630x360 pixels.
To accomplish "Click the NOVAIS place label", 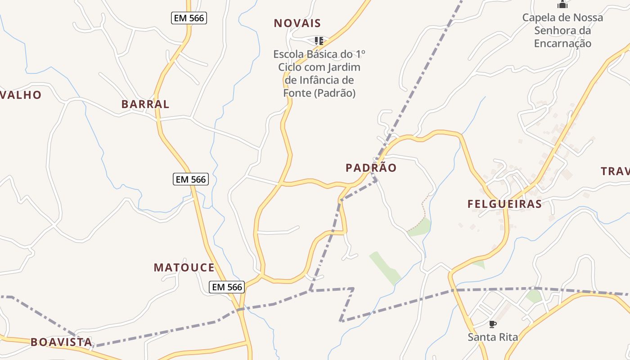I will (297, 23).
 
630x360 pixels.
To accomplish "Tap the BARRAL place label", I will (145, 104).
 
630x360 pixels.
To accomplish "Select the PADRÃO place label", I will (371, 168).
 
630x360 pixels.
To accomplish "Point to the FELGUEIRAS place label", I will (504, 204).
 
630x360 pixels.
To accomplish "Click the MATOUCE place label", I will (184, 268).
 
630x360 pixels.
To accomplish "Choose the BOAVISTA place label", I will (61, 342).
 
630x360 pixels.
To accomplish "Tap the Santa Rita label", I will (492, 337).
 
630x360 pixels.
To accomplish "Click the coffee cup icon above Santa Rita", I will (492, 324).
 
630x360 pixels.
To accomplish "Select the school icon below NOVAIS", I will (319, 41).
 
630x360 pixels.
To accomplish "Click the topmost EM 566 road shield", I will (189, 18).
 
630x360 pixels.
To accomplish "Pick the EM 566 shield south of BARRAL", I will (191, 179).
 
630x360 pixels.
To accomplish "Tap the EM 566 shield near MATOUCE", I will (227, 287).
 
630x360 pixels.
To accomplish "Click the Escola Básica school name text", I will (319, 73).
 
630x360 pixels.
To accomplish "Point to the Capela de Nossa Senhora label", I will (562, 31).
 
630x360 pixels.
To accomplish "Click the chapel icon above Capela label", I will (562, 5).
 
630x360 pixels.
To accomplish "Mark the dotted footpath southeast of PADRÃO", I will (423, 209).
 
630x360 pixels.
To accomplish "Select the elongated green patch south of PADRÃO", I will (385, 268).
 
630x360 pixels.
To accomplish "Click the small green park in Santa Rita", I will (534, 296).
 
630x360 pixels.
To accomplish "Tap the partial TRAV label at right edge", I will (615, 171).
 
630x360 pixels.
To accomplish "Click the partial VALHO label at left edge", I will (21, 95).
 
